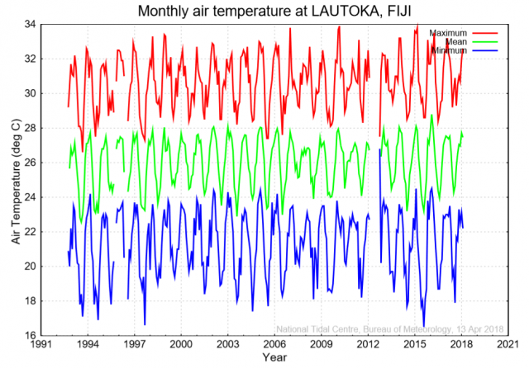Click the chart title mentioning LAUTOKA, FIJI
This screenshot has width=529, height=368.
(276, 11)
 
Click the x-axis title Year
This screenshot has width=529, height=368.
(274, 357)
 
